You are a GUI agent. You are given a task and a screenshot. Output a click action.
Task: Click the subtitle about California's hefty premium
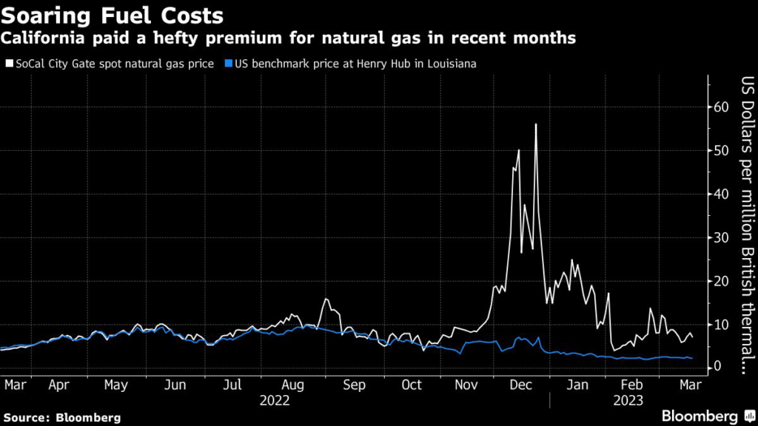[x=289, y=38]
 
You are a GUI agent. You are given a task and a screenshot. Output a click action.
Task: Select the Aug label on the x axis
[x=294, y=385]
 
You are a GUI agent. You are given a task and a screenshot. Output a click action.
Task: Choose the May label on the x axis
[x=117, y=385]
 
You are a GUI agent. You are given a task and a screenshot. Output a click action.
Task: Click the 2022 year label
[x=274, y=400]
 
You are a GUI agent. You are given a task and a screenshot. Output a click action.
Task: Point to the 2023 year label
[x=628, y=400]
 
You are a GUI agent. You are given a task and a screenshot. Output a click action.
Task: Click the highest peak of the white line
[x=535, y=124]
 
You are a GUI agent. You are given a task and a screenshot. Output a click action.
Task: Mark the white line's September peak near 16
[x=326, y=299]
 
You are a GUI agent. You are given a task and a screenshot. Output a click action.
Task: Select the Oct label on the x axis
[x=412, y=385]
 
